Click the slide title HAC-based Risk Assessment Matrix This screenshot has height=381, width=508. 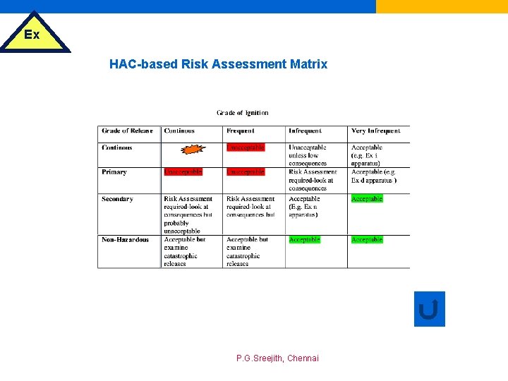(218, 64)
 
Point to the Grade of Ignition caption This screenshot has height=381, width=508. (242, 113)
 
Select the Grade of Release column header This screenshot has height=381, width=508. (127, 131)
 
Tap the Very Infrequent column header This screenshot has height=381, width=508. (375, 131)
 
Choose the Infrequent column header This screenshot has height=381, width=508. (305, 131)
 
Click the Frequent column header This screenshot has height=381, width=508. (241, 131)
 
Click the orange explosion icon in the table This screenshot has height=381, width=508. (191, 149)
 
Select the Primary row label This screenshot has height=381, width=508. (114, 172)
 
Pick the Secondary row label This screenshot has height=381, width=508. (117, 199)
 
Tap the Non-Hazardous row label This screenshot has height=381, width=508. (125, 240)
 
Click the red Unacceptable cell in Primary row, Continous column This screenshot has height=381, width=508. (183, 171)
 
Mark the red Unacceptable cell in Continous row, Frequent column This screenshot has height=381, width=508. (246, 147)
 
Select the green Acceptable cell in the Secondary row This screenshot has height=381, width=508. (367, 199)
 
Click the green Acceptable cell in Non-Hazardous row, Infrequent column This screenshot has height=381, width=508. (305, 240)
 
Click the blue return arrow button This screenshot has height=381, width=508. (429, 309)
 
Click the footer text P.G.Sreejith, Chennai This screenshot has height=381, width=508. (277, 358)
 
